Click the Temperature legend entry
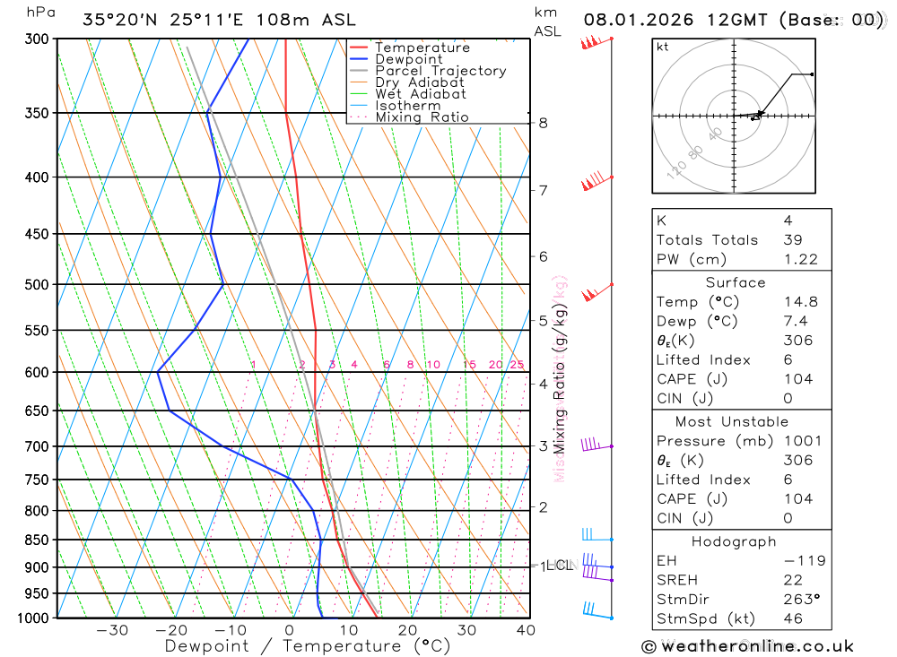(x=422, y=48)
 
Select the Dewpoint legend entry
(x=409, y=59)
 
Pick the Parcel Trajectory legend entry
(x=440, y=71)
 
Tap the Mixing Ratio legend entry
(x=422, y=117)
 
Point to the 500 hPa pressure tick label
(x=37, y=284)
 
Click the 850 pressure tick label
(x=37, y=540)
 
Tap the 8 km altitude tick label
(x=543, y=123)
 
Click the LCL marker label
(x=560, y=566)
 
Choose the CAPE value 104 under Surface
(x=797, y=379)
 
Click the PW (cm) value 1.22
(x=800, y=259)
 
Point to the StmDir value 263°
(x=800, y=599)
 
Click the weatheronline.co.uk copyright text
(x=747, y=646)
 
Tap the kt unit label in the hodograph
(x=663, y=48)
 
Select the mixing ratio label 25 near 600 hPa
(x=517, y=365)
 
